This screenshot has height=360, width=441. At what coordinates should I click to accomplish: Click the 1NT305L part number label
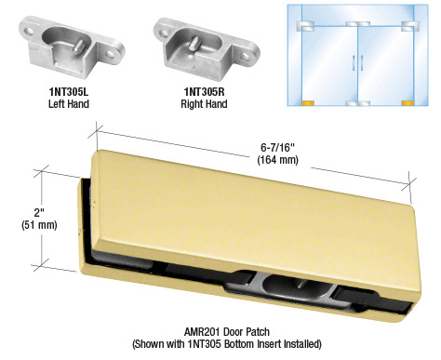coord(69,92)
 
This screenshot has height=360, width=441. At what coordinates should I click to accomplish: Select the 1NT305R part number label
coord(204,92)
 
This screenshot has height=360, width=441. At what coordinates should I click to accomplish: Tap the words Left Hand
coord(69,104)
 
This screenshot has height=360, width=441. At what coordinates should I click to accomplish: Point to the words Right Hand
coord(204,104)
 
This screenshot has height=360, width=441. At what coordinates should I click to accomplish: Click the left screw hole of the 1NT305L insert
coord(29,32)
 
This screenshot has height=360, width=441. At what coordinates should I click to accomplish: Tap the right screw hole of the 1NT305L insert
coord(110,54)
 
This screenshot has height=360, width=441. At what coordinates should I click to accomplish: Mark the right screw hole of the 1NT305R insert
coord(245,56)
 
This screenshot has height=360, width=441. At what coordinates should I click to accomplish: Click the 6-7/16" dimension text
coord(277,148)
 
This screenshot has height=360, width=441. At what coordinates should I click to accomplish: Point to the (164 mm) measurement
coord(277,160)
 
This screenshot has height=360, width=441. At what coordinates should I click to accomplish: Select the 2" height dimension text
coord(39,213)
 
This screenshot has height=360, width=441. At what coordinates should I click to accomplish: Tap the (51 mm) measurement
coord(39,225)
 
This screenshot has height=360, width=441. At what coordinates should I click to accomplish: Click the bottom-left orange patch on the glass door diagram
coord(308,103)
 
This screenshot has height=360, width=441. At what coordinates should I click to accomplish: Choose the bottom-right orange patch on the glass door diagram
coord(408,103)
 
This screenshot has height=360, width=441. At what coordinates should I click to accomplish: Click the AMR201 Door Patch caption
coord(227,332)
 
